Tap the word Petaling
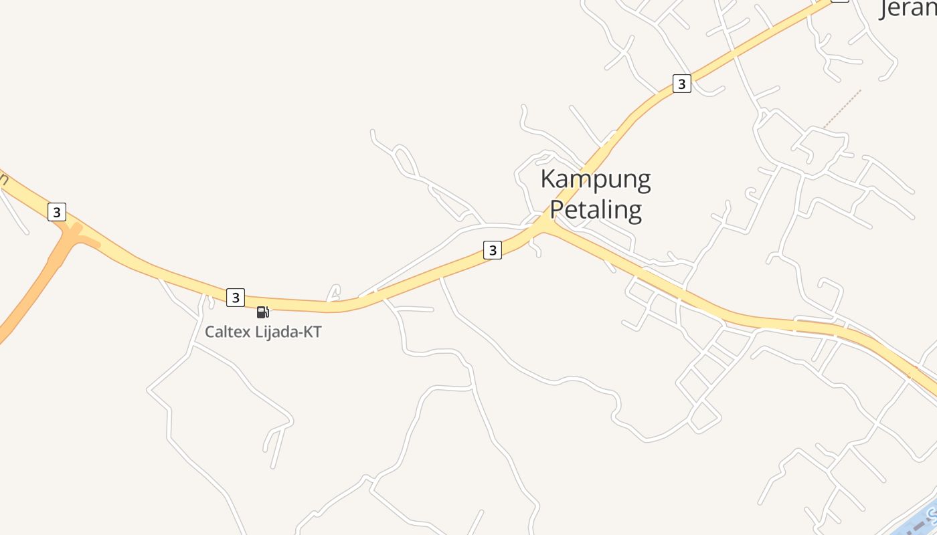click(x=596, y=210)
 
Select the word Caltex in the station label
click(x=228, y=332)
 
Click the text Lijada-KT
click(x=289, y=332)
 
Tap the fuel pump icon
click(x=263, y=312)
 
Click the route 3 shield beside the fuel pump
click(x=236, y=297)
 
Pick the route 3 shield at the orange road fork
click(x=57, y=212)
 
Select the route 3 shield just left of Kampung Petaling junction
click(x=493, y=250)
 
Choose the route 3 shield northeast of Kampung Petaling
click(x=681, y=84)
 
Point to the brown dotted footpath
click(x=842, y=108)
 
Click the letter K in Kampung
click(x=548, y=179)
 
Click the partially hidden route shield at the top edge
click(x=839, y=1)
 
